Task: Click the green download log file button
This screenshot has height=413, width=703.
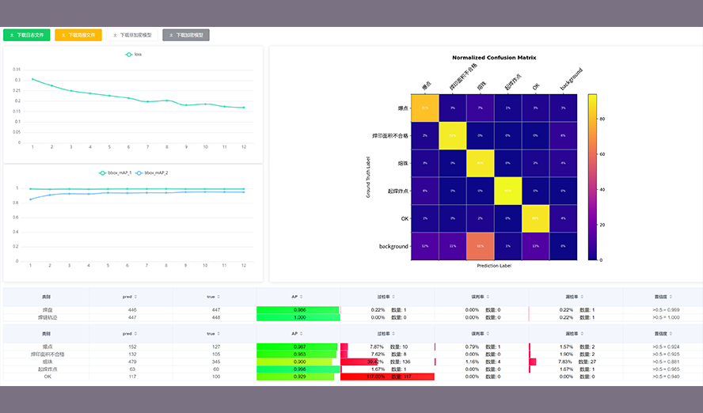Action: coord(27,35)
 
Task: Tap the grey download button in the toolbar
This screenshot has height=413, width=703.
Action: coord(186,35)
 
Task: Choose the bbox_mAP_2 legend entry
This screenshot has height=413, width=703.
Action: coord(152,172)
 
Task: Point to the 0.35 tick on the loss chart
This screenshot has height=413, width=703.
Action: coord(17,70)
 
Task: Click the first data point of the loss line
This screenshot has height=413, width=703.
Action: coord(32,79)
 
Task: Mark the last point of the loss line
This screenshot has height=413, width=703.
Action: coord(244,108)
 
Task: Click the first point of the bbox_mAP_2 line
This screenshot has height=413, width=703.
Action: coord(32,199)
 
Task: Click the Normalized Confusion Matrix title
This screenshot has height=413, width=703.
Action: coord(494,58)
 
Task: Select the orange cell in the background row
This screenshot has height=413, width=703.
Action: coord(480,246)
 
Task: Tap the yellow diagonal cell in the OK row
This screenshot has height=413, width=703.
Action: coord(536,218)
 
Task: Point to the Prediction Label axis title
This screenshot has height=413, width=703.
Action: coord(494,266)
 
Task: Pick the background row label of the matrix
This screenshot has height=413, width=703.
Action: coord(393,246)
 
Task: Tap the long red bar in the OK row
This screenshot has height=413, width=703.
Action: coord(387,377)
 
